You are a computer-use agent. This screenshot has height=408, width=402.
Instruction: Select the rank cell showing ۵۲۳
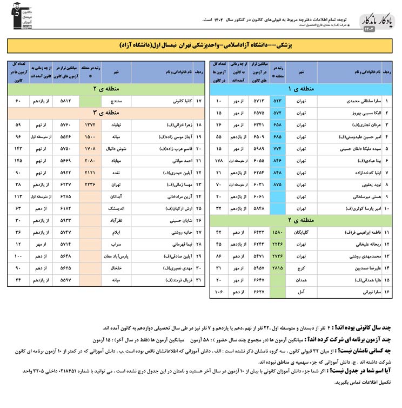pos(278,101)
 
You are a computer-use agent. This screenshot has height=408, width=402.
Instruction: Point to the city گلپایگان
pos(302,233)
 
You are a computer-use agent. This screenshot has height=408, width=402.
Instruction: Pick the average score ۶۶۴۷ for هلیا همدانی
pos(255,280)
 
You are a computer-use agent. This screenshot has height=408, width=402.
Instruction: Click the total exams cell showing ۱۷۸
pos(219,161)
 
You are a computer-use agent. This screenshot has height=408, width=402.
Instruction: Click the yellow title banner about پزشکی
pos(201,45)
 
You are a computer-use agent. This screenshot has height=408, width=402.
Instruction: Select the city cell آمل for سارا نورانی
pos(302,292)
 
